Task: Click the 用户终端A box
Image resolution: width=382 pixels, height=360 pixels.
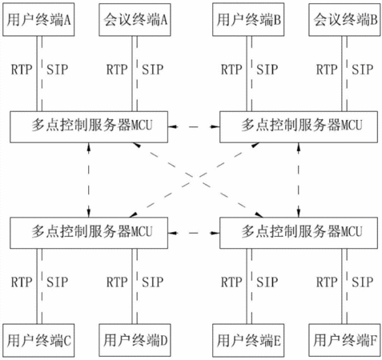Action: [x=38, y=20]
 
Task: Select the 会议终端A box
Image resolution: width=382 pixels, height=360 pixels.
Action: [x=135, y=20]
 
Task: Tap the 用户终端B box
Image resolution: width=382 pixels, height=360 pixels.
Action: [x=248, y=20]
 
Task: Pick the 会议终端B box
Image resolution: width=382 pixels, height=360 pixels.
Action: [x=344, y=20]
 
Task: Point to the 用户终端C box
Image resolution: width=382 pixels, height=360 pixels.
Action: [x=38, y=340]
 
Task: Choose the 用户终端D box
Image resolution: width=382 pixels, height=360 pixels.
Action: [x=135, y=340]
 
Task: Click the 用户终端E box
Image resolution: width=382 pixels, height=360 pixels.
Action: [x=248, y=340]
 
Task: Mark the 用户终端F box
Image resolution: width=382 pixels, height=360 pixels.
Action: [x=344, y=340]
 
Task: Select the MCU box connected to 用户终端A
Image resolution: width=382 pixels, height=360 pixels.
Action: [x=89, y=127]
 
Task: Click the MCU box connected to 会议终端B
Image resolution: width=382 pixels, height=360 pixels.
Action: [x=299, y=127]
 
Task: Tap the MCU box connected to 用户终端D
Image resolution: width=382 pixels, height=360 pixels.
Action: [x=89, y=233]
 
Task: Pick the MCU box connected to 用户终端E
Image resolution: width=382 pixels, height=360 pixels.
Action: [x=299, y=233]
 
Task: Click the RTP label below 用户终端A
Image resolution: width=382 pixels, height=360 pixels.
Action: [x=22, y=70]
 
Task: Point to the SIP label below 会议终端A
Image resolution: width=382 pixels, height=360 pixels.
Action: [x=152, y=70]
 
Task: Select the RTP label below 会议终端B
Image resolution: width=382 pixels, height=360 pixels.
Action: [x=327, y=70]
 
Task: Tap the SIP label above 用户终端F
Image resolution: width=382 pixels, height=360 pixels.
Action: [x=362, y=282]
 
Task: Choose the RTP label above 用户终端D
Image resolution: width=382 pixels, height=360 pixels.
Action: [x=117, y=282]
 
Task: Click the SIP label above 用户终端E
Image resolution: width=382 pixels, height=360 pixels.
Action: [x=267, y=282]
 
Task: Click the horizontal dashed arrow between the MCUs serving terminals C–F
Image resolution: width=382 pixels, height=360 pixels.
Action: [x=194, y=233]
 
